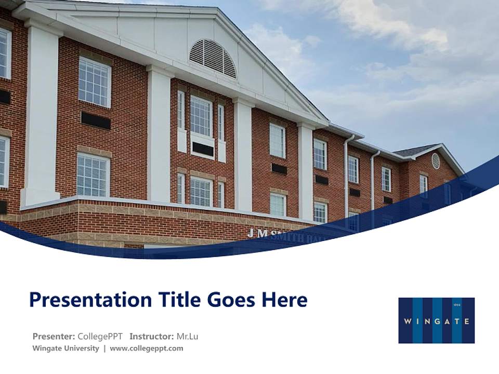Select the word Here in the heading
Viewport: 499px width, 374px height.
(x=284, y=300)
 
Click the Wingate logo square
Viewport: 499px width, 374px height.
(x=436, y=320)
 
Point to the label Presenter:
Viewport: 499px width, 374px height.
(x=54, y=336)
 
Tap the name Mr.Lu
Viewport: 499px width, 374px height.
(x=187, y=336)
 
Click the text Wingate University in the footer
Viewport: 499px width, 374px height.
(x=65, y=349)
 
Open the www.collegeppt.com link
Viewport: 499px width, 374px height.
(x=147, y=349)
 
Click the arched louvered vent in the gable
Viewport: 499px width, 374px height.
(x=213, y=58)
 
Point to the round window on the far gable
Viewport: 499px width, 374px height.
(x=436, y=161)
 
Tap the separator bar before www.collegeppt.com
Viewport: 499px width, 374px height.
(x=104, y=349)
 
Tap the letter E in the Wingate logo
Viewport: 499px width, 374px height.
(x=466, y=321)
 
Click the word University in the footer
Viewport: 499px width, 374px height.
(x=81, y=349)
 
